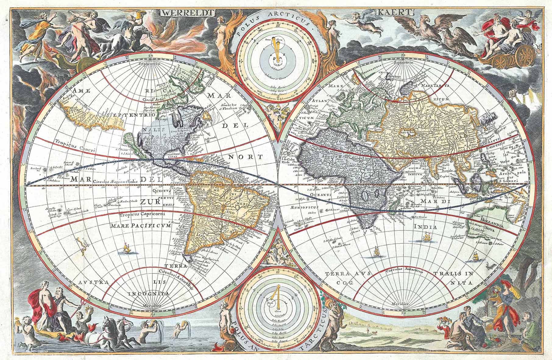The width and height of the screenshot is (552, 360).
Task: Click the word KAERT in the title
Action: [x=395, y=12]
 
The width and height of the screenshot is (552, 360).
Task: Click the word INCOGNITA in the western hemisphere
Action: [x=149, y=294]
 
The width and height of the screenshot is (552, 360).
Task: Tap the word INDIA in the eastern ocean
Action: [x=425, y=227]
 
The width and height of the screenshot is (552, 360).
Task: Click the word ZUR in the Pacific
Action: [x=148, y=202]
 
